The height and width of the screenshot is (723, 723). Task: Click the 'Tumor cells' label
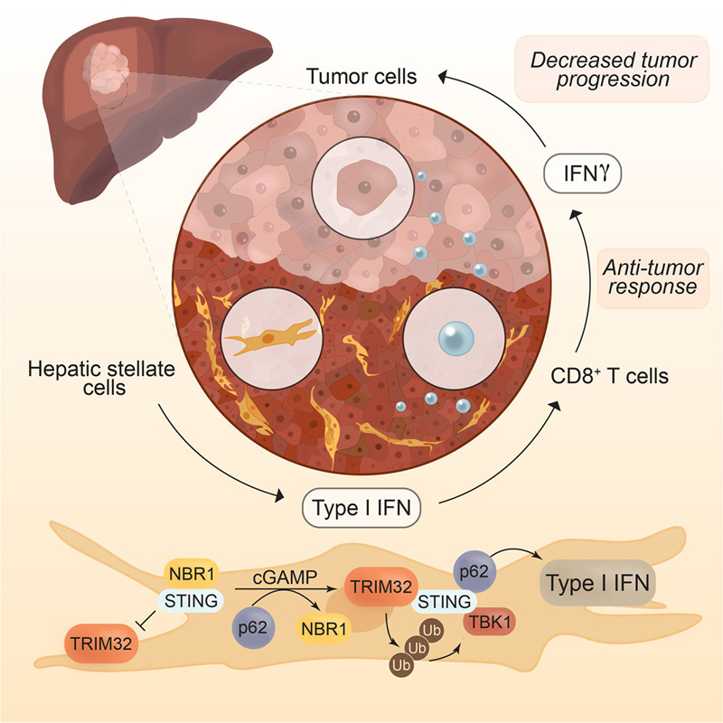coord(360,76)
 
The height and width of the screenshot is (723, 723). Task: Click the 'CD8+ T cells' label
coord(609,374)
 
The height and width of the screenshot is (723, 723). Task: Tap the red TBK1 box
coord(489,623)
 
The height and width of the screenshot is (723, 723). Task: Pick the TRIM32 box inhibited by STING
coord(100,643)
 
